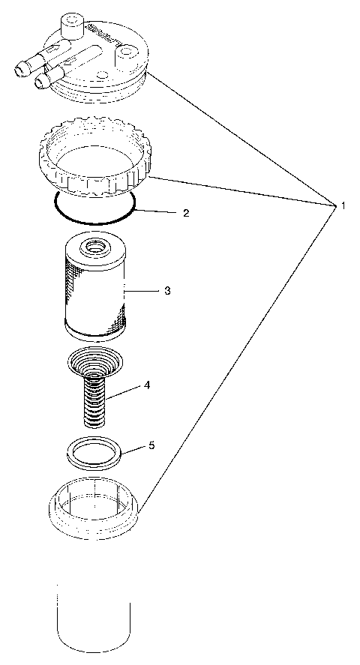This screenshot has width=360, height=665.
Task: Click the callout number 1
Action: point(343,205)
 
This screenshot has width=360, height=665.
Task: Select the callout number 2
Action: point(185,212)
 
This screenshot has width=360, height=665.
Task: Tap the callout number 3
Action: point(167,290)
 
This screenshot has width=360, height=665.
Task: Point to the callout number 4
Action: point(147,385)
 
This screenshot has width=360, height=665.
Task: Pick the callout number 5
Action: point(151,445)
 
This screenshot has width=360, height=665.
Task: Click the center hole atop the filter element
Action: point(96,245)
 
